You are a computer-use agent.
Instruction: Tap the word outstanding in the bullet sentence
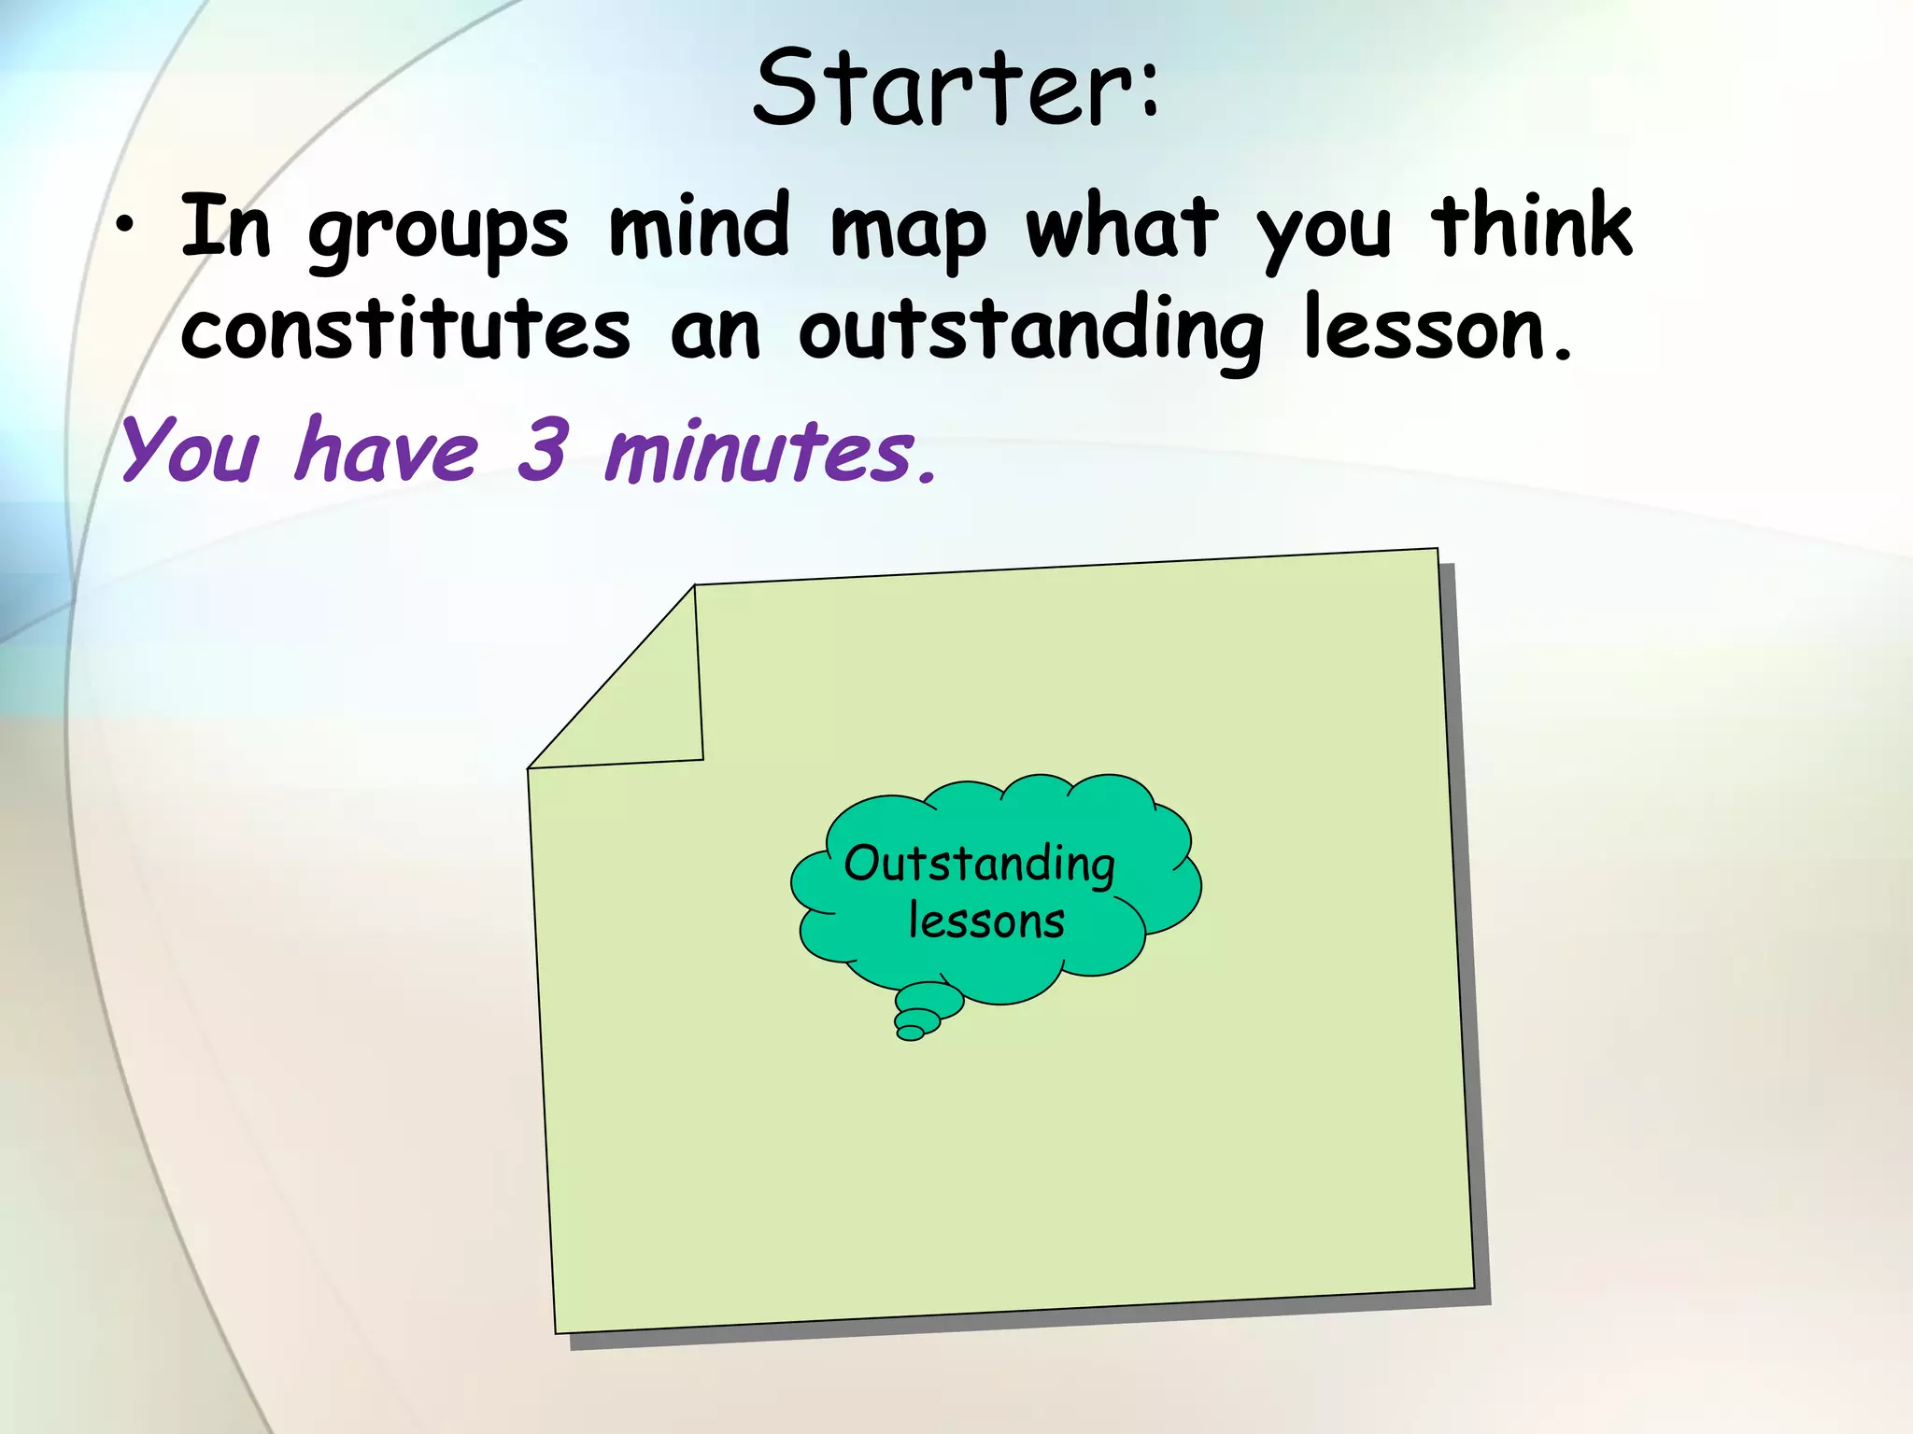click(1030, 331)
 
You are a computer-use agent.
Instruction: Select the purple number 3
click(542, 450)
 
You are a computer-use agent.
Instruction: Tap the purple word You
click(190, 450)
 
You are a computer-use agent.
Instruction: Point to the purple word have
click(387, 450)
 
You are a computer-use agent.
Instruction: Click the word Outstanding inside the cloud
click(979, 864)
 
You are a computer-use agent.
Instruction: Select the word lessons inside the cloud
click(986, 921)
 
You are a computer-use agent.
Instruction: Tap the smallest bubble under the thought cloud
click(909, 1033)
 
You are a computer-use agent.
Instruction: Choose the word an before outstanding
click(715, 331)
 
